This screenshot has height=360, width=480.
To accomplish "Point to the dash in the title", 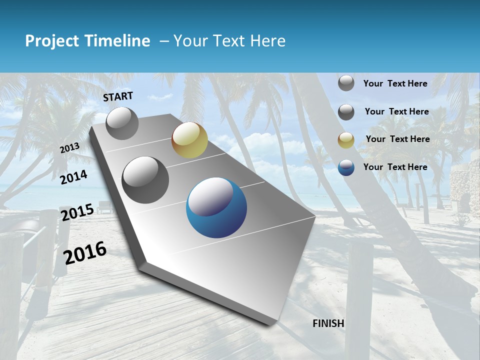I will (x=164, y=41).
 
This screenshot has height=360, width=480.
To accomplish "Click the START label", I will (x=118, y=96).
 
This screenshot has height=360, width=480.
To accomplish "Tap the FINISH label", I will (x=328, y=323).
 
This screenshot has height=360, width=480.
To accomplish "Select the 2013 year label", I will (x=69, y=148).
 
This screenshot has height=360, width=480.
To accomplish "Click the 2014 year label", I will (x=73, y=177).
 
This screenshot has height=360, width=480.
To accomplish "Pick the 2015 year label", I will (x=77, y=213).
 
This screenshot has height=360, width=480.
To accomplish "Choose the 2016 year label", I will (x=85, y=253).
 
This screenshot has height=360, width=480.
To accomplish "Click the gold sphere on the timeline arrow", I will (x=189, y=140).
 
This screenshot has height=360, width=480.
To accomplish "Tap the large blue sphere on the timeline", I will (x=216, y=207).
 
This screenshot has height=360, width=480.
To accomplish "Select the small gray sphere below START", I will (x=122, y=123).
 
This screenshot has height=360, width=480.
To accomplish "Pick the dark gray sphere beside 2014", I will (x=145, y=179).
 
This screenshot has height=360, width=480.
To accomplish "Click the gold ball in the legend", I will (x=346, y=140).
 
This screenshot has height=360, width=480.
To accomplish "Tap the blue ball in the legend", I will (x=346, y=167).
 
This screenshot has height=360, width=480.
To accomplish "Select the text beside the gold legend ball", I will (x=397, y=139).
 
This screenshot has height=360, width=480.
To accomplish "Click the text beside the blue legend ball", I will (x=395, y=167).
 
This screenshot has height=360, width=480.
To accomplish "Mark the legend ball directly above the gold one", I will (x=346, y=112).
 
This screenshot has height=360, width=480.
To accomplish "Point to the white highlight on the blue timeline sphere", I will (x=210, y=198).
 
